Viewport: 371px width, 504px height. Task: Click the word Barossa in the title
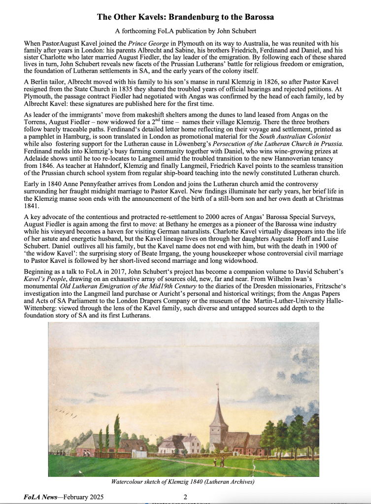255,17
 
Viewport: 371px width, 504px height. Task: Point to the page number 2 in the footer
185,497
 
